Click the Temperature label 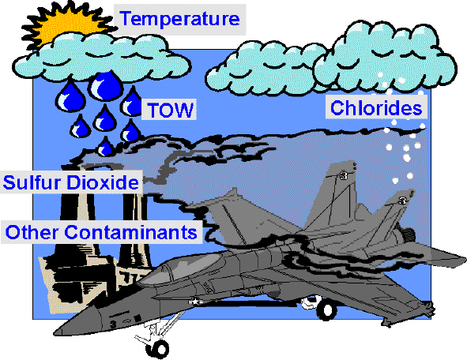(180, 19)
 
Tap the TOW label (171, 110)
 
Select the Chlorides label (376, 107)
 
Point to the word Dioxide (103, 182)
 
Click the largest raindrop (106, 86)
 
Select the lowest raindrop (104, 147)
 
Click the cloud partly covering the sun (101, 58)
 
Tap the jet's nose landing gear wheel (157, 348)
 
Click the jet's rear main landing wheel (326, 310)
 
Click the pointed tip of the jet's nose (55, 332)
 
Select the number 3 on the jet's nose (113, 324)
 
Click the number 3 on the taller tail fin (344, 175)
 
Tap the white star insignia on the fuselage (195, 302)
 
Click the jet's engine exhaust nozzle (406, 234)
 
